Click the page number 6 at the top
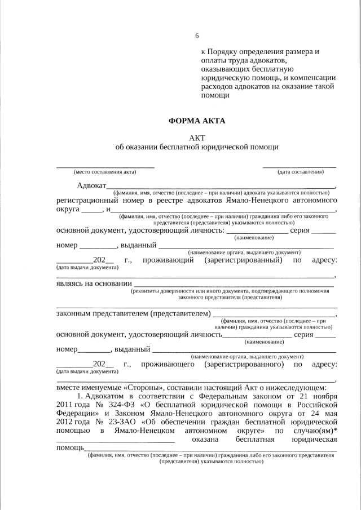tap(197, 36)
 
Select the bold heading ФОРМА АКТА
tap(197, 121)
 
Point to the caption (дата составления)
tap(300, 172)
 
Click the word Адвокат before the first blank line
tap(91, 186)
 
